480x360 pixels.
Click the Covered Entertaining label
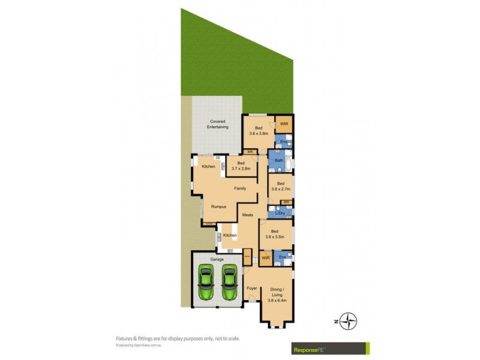(217, 124)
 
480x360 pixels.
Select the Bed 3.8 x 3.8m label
(259, 130)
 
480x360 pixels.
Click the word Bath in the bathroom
(279, 161)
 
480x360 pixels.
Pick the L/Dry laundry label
(279, 213)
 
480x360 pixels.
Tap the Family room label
(240, 188)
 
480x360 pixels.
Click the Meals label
(247, 214)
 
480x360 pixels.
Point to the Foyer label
(252, 289)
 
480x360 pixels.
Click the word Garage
(217, 259)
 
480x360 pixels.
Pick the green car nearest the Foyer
(229, 283)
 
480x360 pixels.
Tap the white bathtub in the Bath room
(289, 163)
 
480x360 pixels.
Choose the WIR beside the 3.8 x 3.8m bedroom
(284, 124)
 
